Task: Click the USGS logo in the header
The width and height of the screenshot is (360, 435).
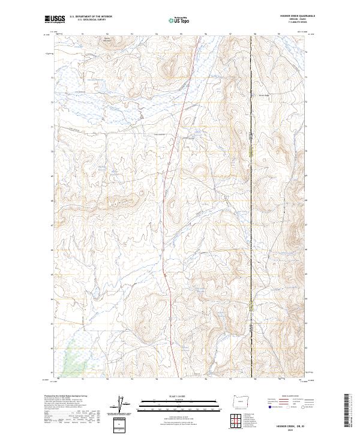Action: (x=55, y=19)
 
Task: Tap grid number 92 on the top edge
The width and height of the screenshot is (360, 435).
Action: (x=107, y=34)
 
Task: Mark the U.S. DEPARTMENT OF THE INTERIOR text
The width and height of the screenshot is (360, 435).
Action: (x=91, y=17)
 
